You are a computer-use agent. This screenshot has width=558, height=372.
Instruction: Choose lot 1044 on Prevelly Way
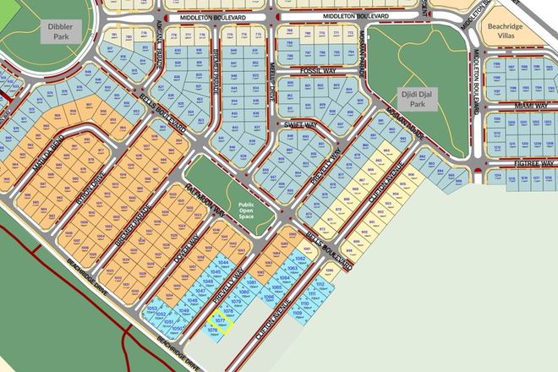click(224, 265)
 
